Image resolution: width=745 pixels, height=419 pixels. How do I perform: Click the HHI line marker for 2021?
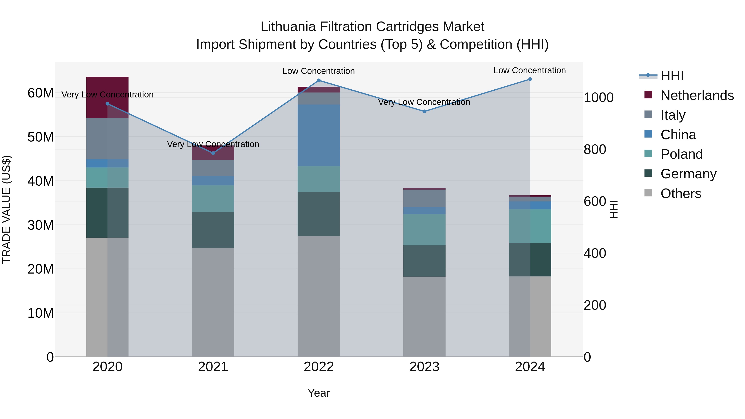click(213, 153)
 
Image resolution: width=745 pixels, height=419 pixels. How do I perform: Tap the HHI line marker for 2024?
click(530, 79)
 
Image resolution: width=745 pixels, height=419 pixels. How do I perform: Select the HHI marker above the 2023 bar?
click(424, 111)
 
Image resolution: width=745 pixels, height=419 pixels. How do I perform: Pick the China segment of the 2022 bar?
click(319, 135)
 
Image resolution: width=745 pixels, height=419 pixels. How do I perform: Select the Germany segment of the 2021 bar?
click(213, 230)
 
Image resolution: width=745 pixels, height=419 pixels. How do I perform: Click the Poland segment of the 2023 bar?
click(424, 230)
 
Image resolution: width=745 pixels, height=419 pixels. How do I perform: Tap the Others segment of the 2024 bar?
click(530, 316)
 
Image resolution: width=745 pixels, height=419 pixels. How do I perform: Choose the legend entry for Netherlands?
click(697, 95)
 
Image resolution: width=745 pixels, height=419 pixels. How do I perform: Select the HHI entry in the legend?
click(672, 76)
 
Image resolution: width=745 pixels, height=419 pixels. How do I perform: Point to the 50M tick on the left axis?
click(41, 137)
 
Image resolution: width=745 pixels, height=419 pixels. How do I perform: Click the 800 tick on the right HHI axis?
click(595, 150)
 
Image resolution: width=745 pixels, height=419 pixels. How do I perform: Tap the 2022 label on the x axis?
click(319, 367)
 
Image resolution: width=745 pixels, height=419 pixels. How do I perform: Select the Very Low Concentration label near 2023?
click(424, 102)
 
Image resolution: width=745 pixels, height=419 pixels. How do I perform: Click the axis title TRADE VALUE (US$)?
click(7, 209)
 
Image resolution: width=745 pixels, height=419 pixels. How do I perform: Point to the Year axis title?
click(318, 393)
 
